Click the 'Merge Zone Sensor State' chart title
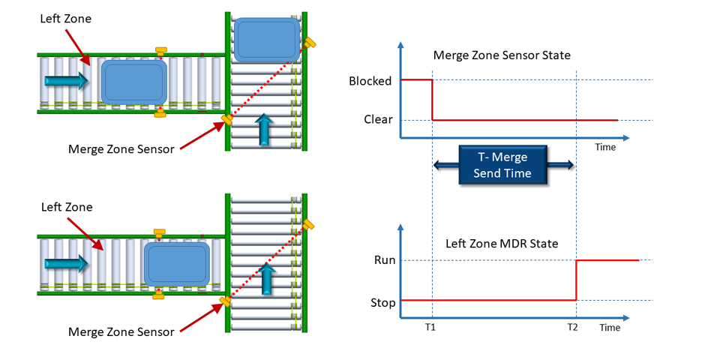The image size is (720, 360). (501, 55)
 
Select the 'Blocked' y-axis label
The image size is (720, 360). (370, 80)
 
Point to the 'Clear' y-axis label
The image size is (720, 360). (378, 119)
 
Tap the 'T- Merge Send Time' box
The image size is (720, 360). (503, 165)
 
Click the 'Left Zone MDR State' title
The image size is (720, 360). (502, 243)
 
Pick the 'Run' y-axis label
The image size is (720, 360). (384, 260)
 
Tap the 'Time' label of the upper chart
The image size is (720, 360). (605, 147)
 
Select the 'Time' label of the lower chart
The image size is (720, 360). (610, 328)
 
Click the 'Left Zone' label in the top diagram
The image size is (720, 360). (66, 18)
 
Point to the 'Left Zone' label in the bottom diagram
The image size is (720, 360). (66, 207)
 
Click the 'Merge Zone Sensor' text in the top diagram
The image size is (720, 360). (121, 149)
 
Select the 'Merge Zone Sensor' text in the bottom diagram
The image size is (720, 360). (121, 331)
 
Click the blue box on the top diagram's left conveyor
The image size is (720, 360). (133, 82)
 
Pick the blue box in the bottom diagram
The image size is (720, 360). (176, 263)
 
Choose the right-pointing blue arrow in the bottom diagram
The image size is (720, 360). (64, 263)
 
